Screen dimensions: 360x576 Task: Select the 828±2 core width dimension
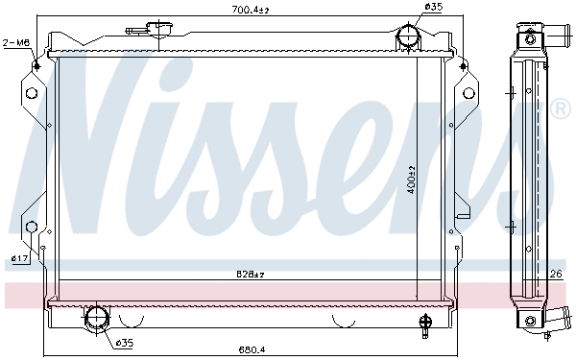[x=251, y=275]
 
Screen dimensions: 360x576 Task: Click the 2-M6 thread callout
[x=15, y=42]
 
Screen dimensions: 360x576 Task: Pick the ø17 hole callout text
[x=18, y=258]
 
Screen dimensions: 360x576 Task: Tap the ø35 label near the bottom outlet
[x=124, y=342]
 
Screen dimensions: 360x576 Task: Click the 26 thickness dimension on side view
[x=554, y=275]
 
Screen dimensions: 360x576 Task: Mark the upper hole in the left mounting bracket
[x=31, y=93]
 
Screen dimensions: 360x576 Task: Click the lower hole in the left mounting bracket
[x=31, y=228]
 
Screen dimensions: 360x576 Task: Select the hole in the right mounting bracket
[x=470, y=93]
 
